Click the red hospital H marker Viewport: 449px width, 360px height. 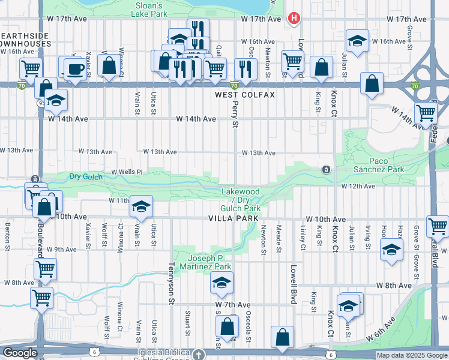294,19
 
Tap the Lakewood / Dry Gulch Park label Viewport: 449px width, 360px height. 241,200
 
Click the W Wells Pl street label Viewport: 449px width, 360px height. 126,172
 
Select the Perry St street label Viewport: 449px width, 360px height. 235,114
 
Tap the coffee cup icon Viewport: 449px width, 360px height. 75,68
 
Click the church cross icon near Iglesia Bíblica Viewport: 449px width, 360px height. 199,354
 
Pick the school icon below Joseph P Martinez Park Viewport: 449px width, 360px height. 221,281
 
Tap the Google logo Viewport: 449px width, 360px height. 20,353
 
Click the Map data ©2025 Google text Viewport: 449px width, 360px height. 412,355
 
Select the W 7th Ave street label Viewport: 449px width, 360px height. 232,305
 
